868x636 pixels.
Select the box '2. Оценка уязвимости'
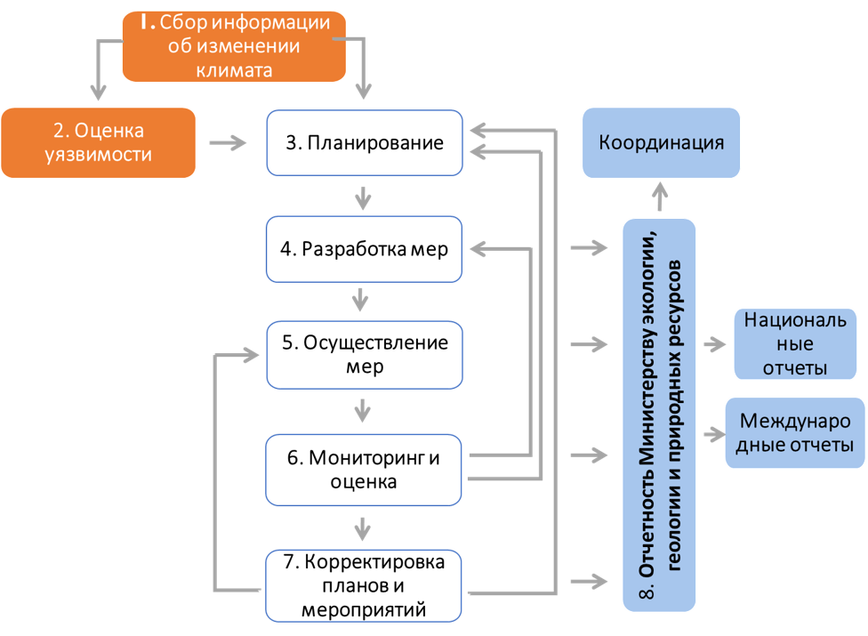(x=98, y=142)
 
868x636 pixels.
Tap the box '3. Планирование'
(x=365, y=142)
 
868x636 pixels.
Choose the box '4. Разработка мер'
(x=365, y=250)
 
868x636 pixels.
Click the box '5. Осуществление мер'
(x=365, y=355)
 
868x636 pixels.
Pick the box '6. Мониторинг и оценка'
(x=365, y=470)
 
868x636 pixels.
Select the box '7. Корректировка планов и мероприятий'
(x=365, y=585)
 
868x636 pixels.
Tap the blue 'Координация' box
(x=661, y=142)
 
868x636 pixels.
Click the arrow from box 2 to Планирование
(x=229, y=142)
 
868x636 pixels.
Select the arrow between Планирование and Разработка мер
(x=361, y=196)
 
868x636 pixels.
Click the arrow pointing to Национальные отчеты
(x=714, y=344)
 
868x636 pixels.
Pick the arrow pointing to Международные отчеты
(x=714, y=434)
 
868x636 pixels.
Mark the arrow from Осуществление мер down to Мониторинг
(x=361, y=411)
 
